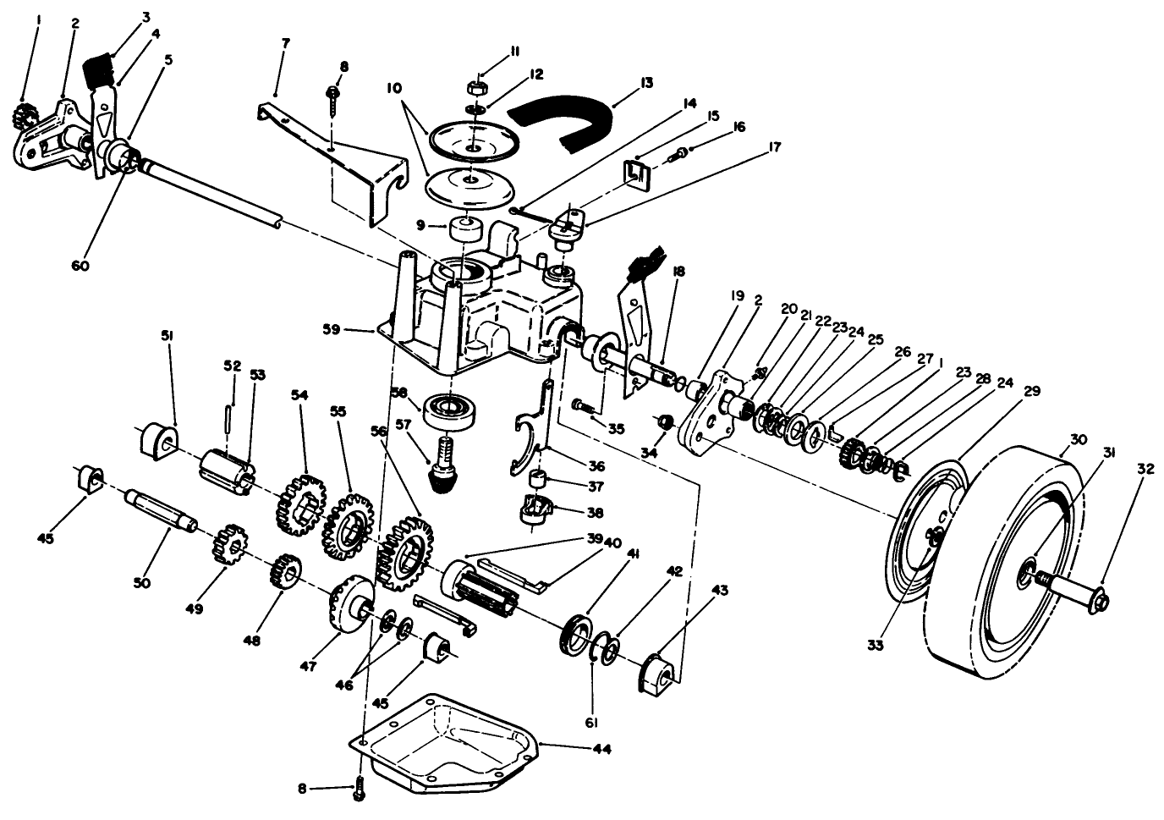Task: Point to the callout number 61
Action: [x=591, y=723]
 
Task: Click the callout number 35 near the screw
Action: [x=616, y=429]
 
